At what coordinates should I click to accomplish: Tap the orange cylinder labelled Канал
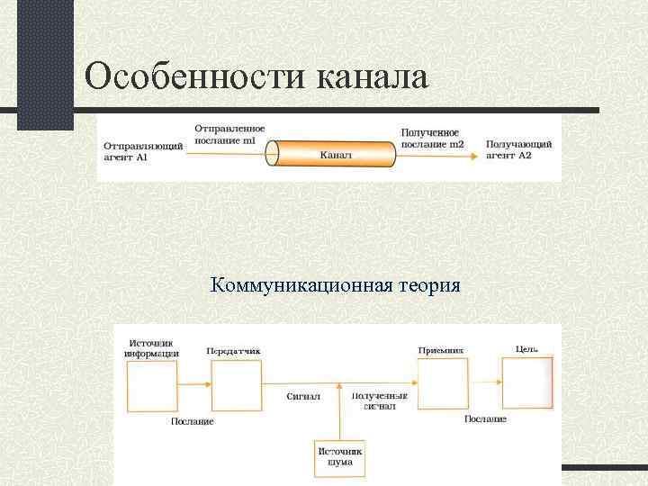[335, 154]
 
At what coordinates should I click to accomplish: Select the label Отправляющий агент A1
[143, 151]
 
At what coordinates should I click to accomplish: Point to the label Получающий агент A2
[518, 149]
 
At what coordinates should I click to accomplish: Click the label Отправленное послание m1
[229, 134]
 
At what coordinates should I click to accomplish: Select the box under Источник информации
[153, 386]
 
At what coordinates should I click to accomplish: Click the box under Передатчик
[236, 386]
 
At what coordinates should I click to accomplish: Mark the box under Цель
[526, 384]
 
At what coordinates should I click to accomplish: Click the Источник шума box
[340, 458]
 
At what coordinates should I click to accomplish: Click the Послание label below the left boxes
[192, 421]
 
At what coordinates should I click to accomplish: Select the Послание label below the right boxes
[485, 419]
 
